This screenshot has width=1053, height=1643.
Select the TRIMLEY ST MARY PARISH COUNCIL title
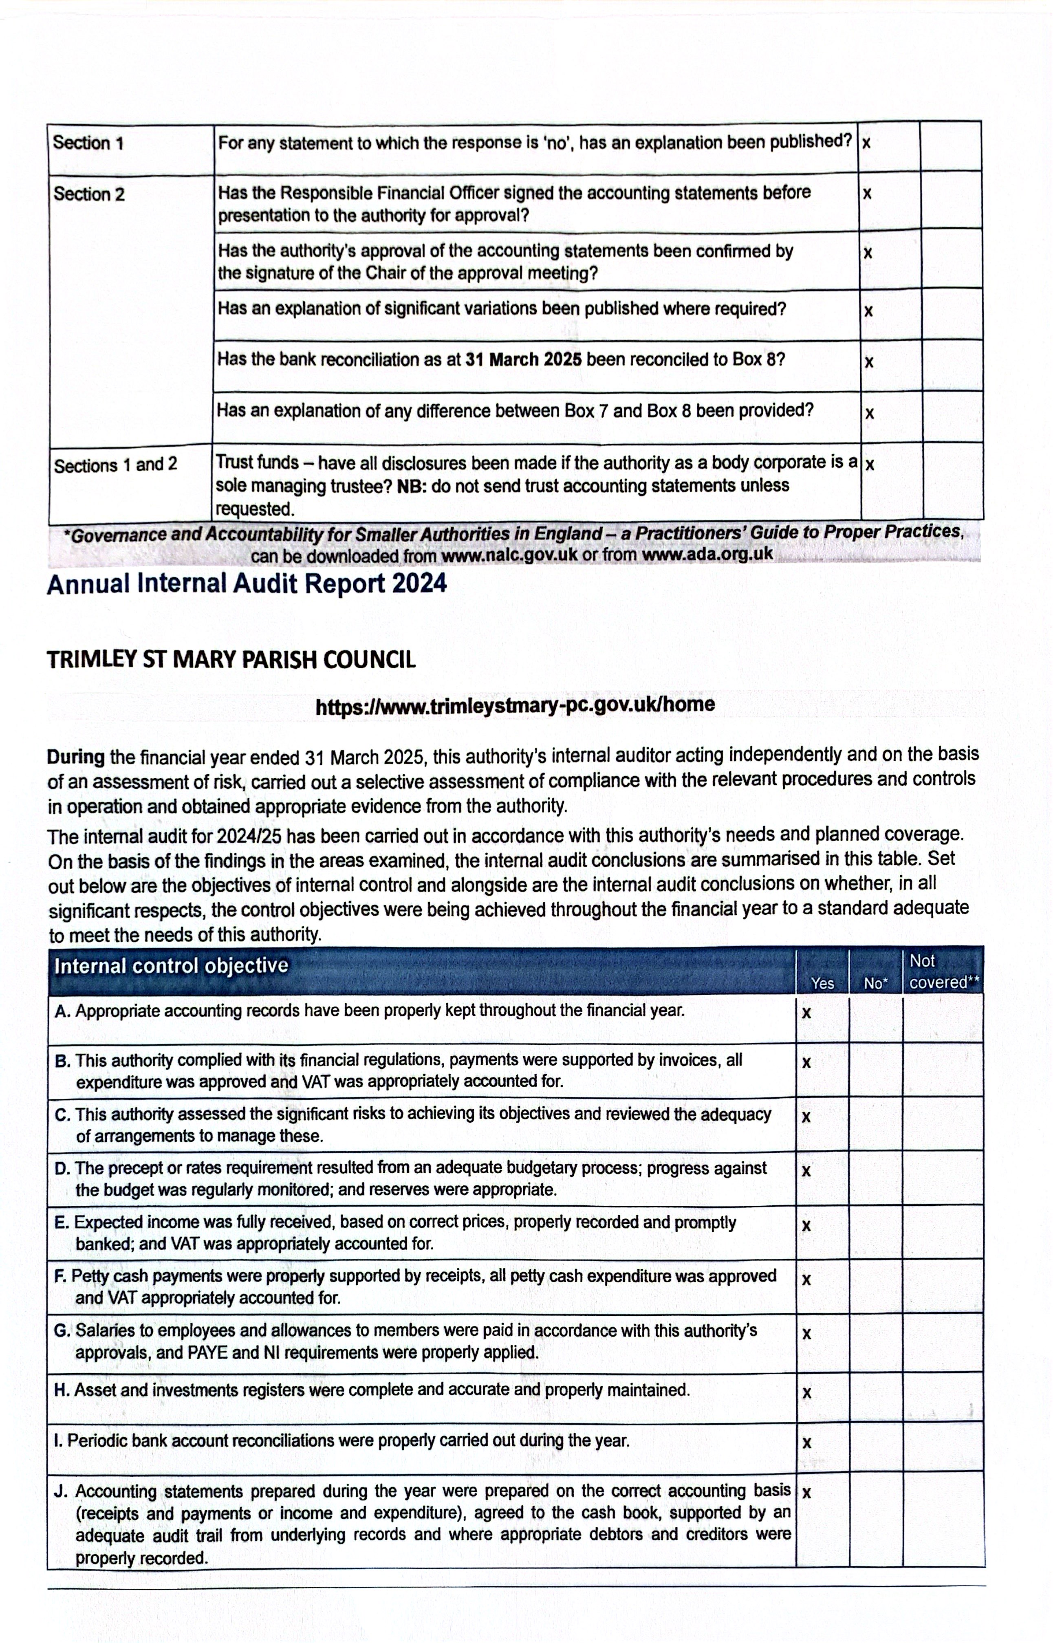[231, 660]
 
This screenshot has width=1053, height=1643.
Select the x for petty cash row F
[806, 1279]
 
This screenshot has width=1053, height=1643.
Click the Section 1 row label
[88, 143]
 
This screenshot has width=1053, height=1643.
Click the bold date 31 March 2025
[523, 360]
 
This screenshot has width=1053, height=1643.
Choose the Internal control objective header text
[171, 966]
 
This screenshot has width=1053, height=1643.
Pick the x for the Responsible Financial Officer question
[867, 194]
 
